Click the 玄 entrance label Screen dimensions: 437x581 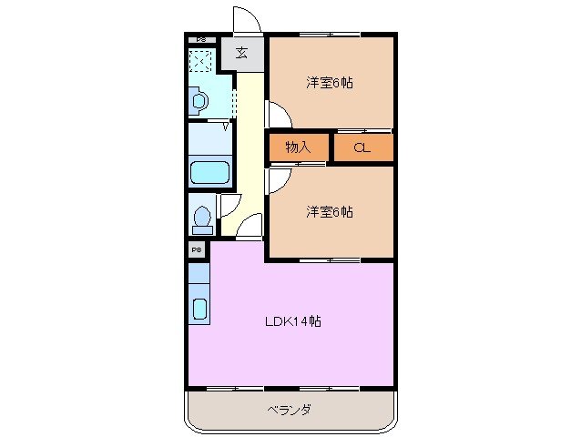pos(241,53)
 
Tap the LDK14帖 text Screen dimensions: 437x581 pos(292,320)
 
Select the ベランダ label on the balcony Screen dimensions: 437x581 pos(289,410)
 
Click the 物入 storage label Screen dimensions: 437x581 pos(298,147)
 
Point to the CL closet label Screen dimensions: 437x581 pos(362,147)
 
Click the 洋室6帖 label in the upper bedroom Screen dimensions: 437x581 pos(329,83)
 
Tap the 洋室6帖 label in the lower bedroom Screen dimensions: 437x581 pos(329,212)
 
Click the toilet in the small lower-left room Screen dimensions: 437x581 pos(202,218)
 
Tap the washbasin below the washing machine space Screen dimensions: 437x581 pos(199,100)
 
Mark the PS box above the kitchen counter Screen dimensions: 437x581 pos(197,248)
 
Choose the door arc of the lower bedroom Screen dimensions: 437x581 pos(276,180)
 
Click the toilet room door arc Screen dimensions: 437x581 pos(229,205)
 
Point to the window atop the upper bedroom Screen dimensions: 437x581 pos(330,35)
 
